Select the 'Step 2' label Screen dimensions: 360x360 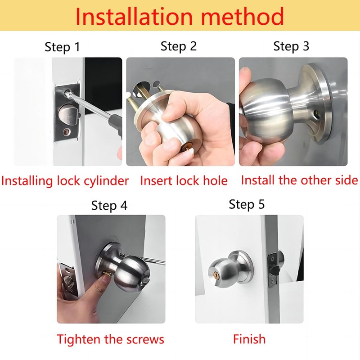[179, 46]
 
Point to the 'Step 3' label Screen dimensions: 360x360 [291, 46]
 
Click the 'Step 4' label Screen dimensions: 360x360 [109, 206]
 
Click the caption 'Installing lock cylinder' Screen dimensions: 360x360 [65, 181]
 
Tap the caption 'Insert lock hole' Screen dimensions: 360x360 [184, 181]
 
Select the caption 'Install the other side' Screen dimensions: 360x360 [299, 180]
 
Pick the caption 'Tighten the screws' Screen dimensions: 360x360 [110, 339]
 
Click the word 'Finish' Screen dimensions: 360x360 [249, 339]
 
